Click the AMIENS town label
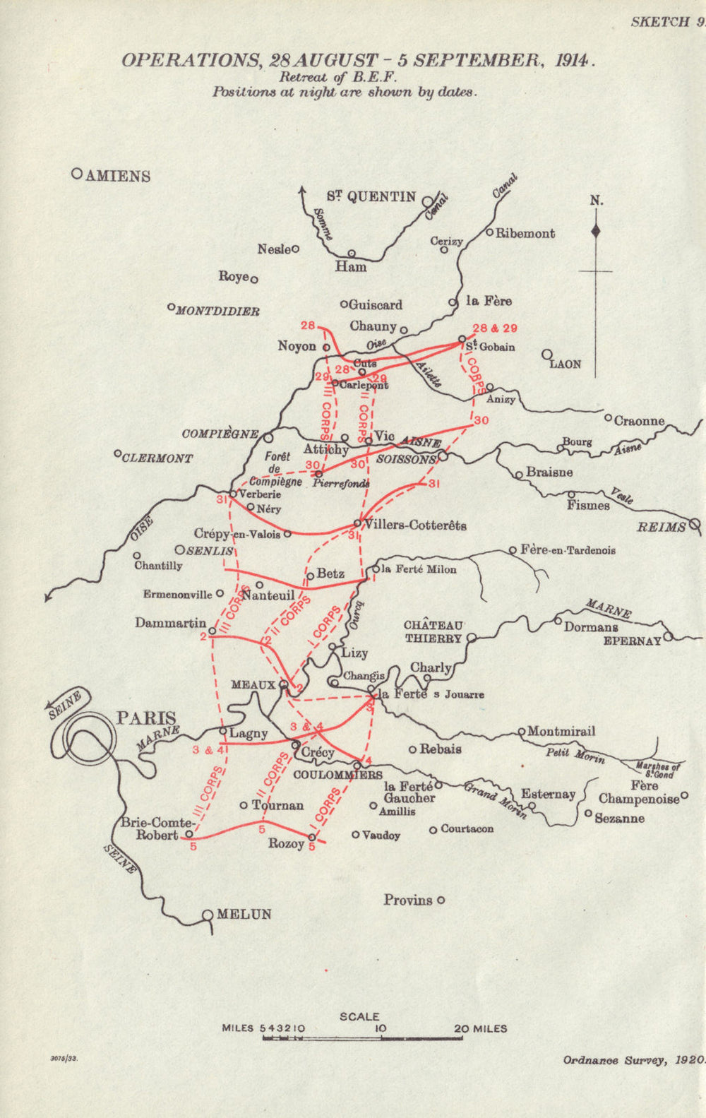click(x=117, y=176)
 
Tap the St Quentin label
click(x=371, y=197)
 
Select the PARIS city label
click(x=146, y=719)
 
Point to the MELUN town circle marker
click(x=208, y=915)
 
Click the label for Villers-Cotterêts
click(x=415, y=525)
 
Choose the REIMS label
click(x=661, y=527)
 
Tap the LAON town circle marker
click(x=547, y=355)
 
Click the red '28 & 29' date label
click(x=495, y=328)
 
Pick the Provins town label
click(x=408, y=900)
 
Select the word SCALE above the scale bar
click(x=359, y=1016)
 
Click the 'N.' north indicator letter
click(x=597, y=201)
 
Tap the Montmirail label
click(x=561, y=732)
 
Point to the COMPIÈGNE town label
click(x=220, y=434)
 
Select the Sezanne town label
click(x=619, y=818)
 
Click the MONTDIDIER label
click(x=217, y=311)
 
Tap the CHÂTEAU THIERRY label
click(x=433, y=631)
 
